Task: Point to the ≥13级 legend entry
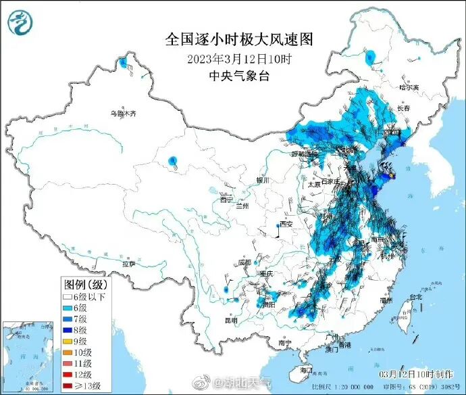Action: point(82,386)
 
